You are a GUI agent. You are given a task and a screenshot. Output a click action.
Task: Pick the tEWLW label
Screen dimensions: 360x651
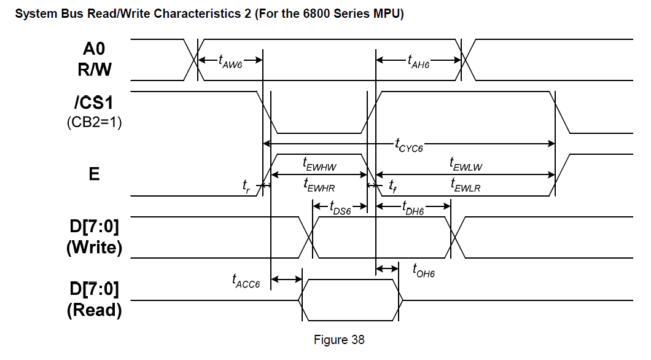pyautogui.click(x=466, y=164)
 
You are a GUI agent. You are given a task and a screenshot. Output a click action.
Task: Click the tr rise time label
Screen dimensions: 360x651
pyautogui.click(x=246, y=185)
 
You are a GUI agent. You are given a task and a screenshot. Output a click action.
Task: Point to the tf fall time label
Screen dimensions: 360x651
pyautogui.click(x=392, y=185)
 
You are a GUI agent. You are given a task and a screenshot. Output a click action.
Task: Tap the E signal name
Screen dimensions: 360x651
pyautogui.click(x=94, y=174)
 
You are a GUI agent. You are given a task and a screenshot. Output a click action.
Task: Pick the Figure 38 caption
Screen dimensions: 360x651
pyautogui.click(x=339, y=340)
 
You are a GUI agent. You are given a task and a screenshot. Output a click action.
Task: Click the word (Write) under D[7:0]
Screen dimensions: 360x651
pyautogui.click(x=94, y=248)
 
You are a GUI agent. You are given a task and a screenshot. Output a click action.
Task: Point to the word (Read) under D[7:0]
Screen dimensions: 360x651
pyautogui.click(x=94, y=310)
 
